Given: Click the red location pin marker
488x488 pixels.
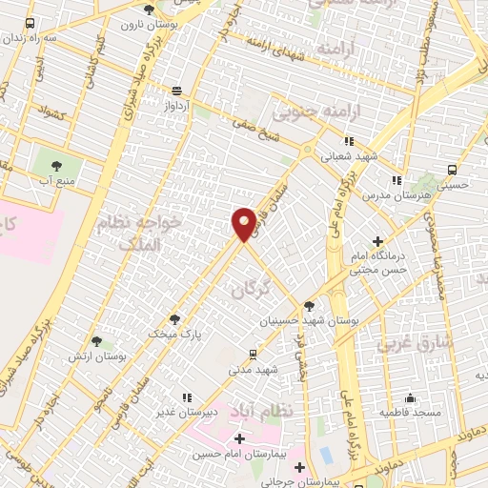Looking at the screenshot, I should click(x=244, y=223).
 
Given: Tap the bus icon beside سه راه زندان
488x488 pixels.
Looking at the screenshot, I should click(x=30, y=23).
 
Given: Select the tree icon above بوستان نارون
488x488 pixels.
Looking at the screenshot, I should click(x=148, y=10).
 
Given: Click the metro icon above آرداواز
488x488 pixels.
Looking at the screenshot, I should click(x=178, y=91).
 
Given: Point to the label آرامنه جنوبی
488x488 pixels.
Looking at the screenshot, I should click(x=308, y=112).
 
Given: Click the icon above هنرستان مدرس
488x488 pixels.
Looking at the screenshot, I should click(x=396, y=179).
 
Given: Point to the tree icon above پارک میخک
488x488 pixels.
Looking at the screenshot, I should click(x=173, y=318).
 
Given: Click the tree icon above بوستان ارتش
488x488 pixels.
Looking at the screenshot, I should click(x=96, y=340).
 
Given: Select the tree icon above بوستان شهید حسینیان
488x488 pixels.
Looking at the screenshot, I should click(x=309, y=307).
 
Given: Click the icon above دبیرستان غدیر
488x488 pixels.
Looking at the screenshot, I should click(x=187, y=396).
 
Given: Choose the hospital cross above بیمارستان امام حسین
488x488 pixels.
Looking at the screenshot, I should click(x=238, y=438).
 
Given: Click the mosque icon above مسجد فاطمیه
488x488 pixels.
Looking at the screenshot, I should click(x=411, y=397).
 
